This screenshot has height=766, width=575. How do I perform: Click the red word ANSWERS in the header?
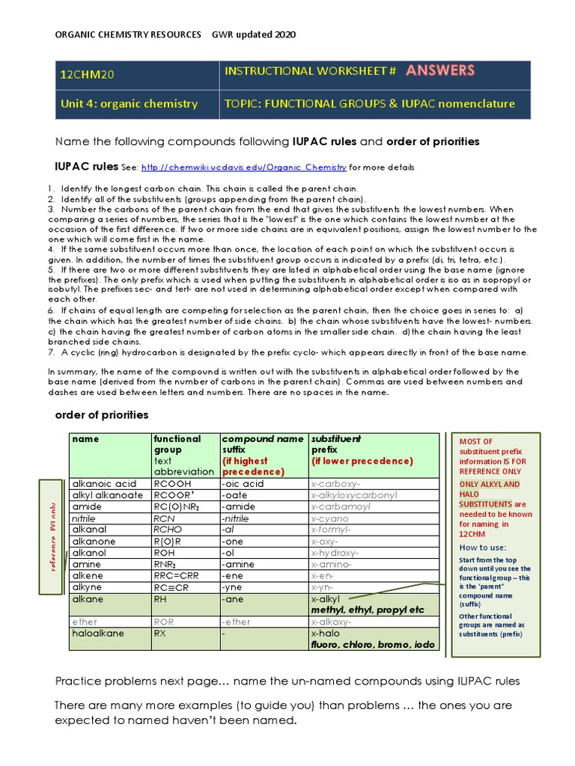point(440,71)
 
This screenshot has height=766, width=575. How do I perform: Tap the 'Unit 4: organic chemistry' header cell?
point(129,104)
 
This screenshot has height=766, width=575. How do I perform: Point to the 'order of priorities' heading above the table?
point(102,414)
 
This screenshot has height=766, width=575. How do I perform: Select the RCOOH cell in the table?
point(171,484)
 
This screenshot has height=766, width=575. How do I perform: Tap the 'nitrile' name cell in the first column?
point(83,518)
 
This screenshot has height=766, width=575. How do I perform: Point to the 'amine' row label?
point(85,564)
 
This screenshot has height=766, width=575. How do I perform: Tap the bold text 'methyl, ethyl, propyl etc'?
point(367,610)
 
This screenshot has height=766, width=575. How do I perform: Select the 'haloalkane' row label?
point(97,633)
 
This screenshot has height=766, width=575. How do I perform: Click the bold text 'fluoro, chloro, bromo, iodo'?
point(372,644)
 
